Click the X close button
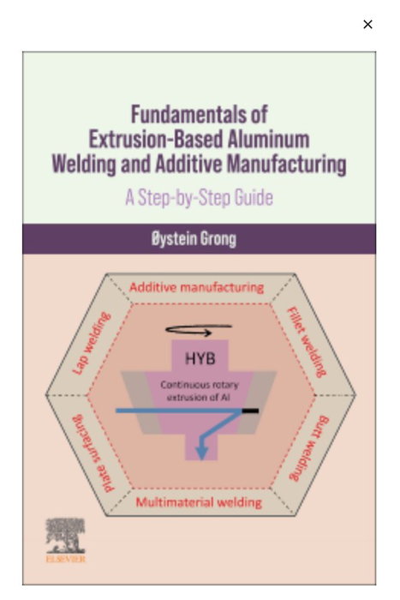coord(367,24)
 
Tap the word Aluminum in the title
coord(268,139)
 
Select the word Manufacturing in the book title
coord(286,164)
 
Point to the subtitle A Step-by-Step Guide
coord(200,197)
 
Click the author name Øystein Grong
coord(194,239)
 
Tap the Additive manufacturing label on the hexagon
coord(196,287)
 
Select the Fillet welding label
coord(307,342)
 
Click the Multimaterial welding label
coord(199,502)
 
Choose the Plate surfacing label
coord(93,453)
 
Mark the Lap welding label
coord(92,343)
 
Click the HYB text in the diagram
coord(200,358)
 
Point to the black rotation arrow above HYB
coord(199,330)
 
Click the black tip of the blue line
coord(250,411)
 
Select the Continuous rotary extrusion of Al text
coord(200,391)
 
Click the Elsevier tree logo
coord(65,536)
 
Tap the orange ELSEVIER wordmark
coord(66,559)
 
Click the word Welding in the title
coord(84,165)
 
